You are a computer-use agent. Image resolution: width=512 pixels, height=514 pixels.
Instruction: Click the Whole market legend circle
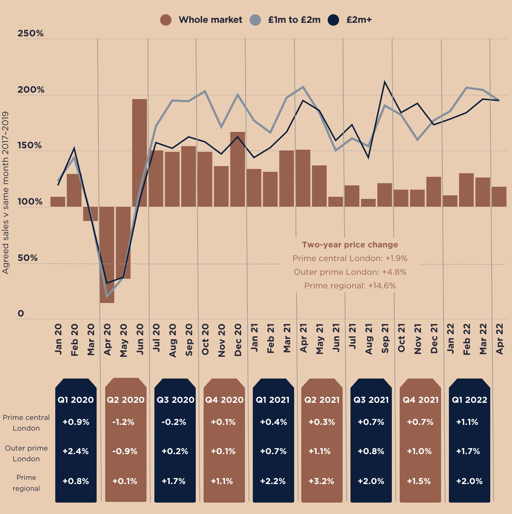[x=166, y=20]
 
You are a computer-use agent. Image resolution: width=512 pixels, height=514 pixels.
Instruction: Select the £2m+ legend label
[x=359, y=20]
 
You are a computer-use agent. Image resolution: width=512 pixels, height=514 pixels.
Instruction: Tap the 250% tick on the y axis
[x=31, y=34]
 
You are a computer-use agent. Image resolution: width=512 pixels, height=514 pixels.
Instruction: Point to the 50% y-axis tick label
[x=27, y=258]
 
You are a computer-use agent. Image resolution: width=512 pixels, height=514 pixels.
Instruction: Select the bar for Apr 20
[x=107, y=255]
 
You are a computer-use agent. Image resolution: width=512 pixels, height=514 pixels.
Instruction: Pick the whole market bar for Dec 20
[x=237, y=169]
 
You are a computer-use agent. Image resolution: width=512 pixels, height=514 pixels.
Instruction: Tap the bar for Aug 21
[x=368, y=203]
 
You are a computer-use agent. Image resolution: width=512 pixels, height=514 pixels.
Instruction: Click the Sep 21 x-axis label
[x=385, y=339]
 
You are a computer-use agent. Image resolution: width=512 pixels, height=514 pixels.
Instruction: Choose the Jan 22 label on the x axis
[x=450, y=339]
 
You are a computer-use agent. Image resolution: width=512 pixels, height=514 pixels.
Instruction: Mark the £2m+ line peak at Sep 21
[x=385, y=82]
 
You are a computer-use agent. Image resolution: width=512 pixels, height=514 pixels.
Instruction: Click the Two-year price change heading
[x=350, y=245]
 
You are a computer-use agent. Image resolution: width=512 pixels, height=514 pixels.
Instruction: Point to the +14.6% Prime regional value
[x=382, y=286]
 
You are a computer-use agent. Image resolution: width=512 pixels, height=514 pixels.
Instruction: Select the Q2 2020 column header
[x=126, y=400]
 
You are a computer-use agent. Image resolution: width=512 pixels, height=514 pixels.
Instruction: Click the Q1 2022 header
[x=469, y=400]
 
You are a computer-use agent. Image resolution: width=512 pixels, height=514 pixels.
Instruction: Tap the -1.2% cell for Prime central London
[x=123, y=422]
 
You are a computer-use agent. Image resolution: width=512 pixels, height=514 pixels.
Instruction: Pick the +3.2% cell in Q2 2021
[x=321, y=482]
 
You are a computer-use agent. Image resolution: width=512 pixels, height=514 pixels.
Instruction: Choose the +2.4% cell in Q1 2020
[x=76, y=452]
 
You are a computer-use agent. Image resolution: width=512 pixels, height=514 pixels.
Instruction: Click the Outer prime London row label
[x=26, y=453]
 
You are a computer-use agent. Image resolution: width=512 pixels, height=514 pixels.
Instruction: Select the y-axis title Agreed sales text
[x=6, y=192]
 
